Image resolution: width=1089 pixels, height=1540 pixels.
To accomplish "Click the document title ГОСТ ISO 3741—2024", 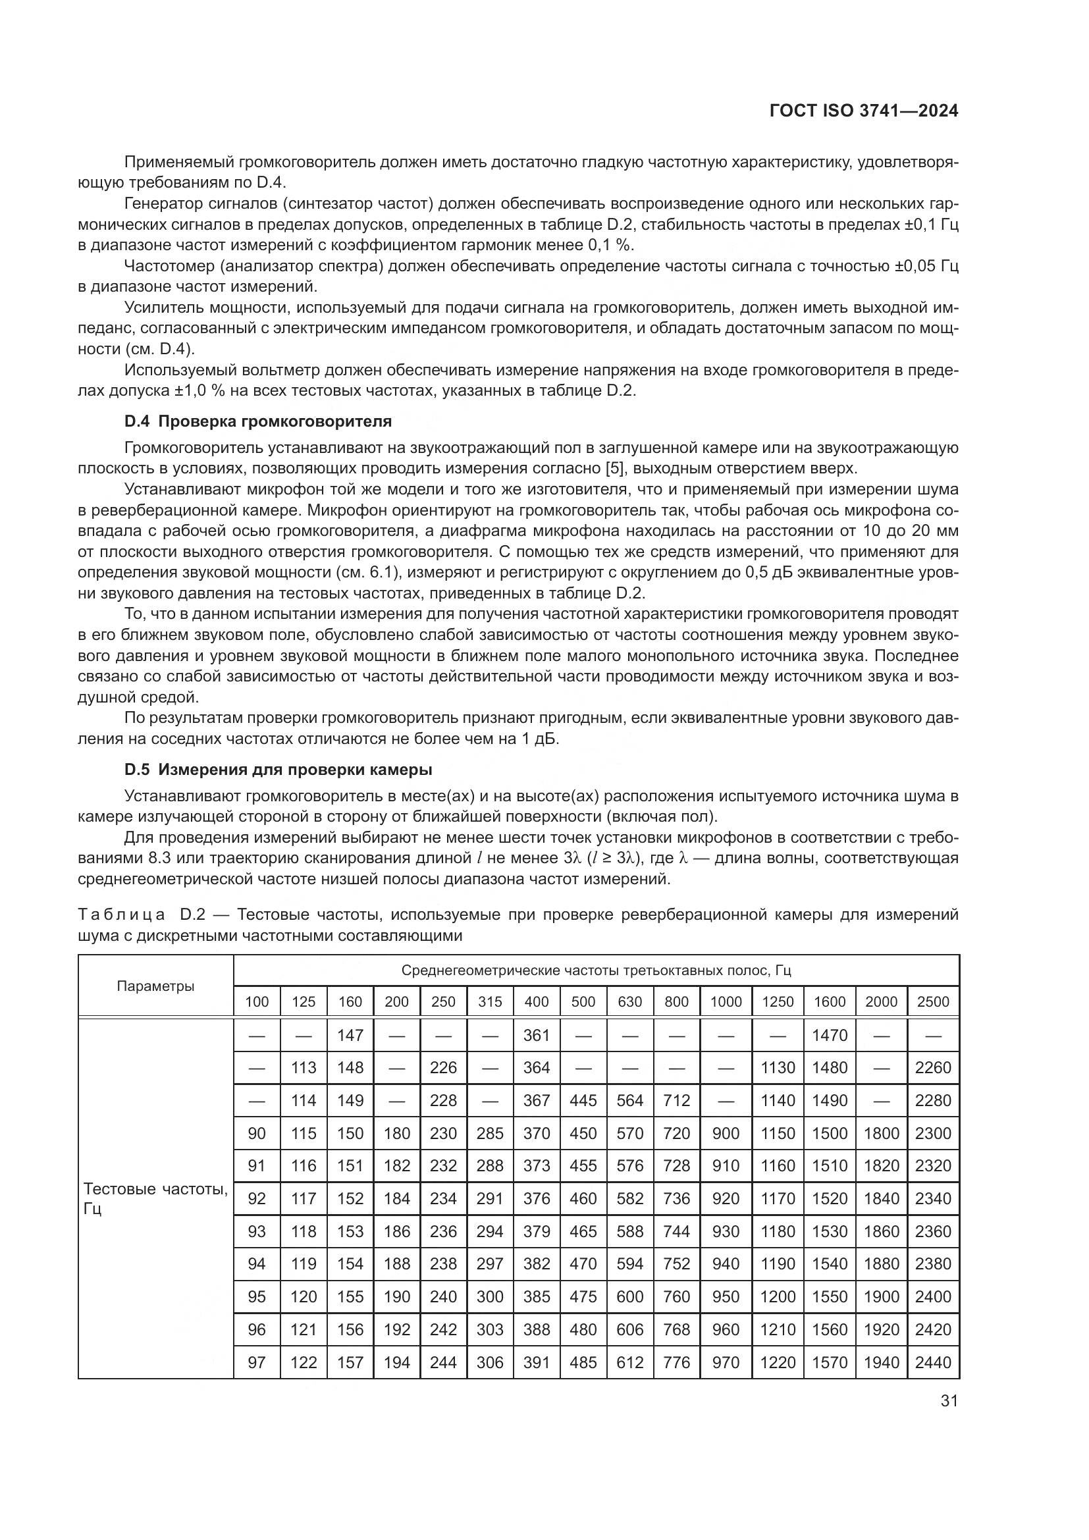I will [x=864, y=111].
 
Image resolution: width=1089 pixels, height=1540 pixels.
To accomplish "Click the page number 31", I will [x=949, y=1400].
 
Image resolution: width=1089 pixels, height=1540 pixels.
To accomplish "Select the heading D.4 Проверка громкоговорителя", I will [x=257, y=421].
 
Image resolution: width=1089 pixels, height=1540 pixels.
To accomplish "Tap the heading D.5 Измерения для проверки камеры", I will [x=279, y=769].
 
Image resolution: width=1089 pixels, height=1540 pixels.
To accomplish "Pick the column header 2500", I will [x=933, y=1001].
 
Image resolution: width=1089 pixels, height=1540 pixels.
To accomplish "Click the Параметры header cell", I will [x=155, y=986].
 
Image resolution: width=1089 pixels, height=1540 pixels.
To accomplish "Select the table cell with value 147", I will [x=350, y=1035].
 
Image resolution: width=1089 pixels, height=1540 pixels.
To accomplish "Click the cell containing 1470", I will [x=830, y=1035].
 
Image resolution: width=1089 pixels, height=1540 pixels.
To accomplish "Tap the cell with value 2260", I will [x=933, y=1067].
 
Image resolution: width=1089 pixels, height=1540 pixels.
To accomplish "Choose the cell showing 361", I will [x=537, y=1035].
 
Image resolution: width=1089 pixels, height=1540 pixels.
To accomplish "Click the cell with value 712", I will [x=676, y=1100].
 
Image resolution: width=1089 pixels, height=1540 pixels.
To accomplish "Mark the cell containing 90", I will [x=257, y=1133].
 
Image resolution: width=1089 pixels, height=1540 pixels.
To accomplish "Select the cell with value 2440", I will [x=933, y=1362].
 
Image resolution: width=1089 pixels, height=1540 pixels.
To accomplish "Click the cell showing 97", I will [x=257, y=1362].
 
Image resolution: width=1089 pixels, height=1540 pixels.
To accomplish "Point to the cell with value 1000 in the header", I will [x=726, y=1001].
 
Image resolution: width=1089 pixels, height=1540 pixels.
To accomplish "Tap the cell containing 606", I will [x=629, y=1329].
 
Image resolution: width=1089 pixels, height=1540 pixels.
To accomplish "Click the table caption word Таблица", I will [x=121, y=915].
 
